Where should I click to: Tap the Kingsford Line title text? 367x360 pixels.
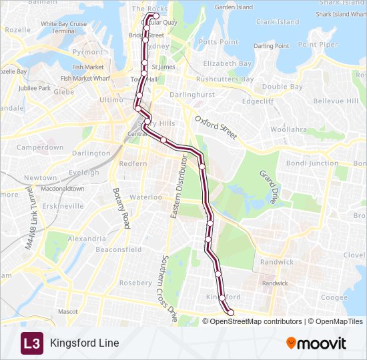pyautogui.click(x=84, y=343)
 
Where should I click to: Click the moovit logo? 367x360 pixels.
pyautogui.click(x=316, y=343)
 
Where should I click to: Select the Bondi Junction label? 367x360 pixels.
pyautogui.click(x=312, y=163)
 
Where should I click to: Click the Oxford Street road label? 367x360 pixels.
pyautogui.click(x=216, y=126)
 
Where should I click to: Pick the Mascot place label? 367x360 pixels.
pyautogui.click(x=67, y=311)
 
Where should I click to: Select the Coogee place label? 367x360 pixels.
pyautogui.click(x=334, y=297)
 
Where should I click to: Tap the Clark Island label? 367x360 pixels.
pyautogui.click(x=278, y=22)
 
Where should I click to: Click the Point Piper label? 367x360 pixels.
pyautogui.click(x=318, y=44)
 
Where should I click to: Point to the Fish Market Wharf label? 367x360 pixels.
pyautogui.click(x=85, y=78)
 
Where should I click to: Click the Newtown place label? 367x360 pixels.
pyautogui.click(x=40, y=178)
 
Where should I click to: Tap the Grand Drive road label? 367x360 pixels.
pyautogui.click(x=269, y=187)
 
